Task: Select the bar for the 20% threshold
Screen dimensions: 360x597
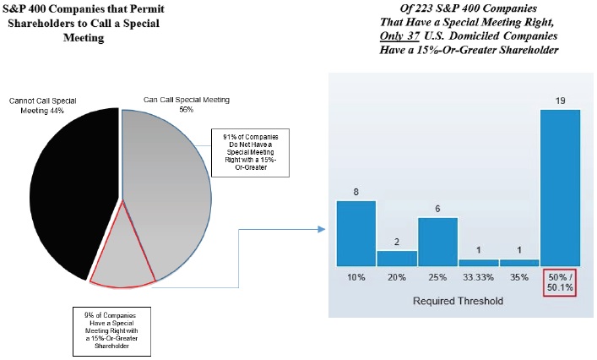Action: [x=397, y=258]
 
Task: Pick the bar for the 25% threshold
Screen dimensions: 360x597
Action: [x=438, y=242]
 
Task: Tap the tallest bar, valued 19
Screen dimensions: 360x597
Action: [x=560, y=187]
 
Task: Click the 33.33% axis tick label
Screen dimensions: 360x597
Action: [x=479, y=276]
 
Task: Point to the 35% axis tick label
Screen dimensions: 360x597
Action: [x=519, y=276]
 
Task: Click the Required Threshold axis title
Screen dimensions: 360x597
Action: [x=457, y=300]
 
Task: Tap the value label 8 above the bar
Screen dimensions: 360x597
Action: [x=355, y=192]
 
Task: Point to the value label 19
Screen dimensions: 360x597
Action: [x=560, y=101]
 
